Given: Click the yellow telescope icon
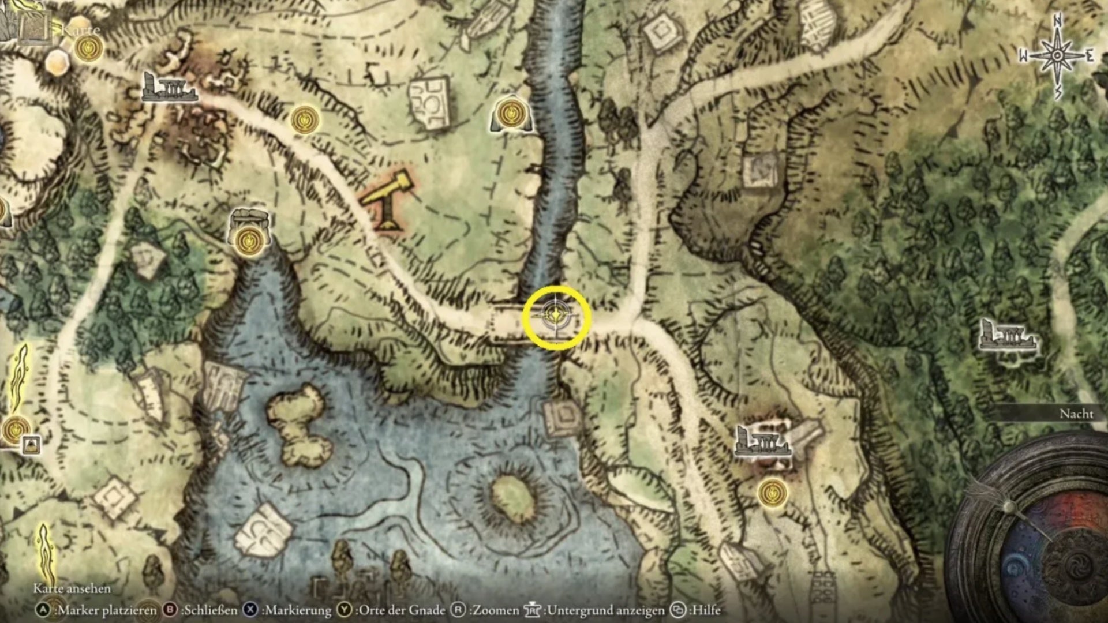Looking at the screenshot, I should click(388, 200).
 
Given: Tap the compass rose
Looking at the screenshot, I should click(1057, 56).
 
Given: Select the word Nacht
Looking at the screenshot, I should click(1076, 414).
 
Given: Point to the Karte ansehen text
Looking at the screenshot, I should click(72, 588).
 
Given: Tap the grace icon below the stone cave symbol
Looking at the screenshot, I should click(250, 239).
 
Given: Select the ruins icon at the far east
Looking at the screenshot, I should click(1007, 336).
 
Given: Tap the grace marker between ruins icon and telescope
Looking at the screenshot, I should click(304, 119).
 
